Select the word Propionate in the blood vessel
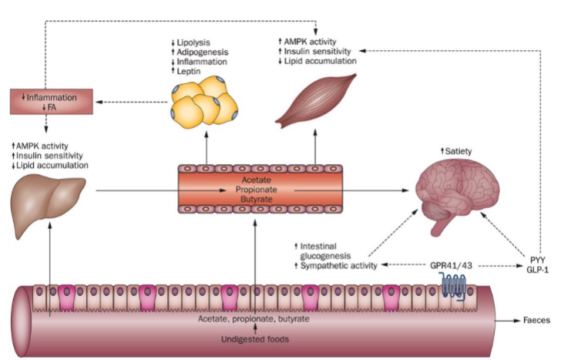click(254, 187)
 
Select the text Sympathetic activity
click(338, 265)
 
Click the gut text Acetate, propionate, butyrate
click(254, 318)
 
